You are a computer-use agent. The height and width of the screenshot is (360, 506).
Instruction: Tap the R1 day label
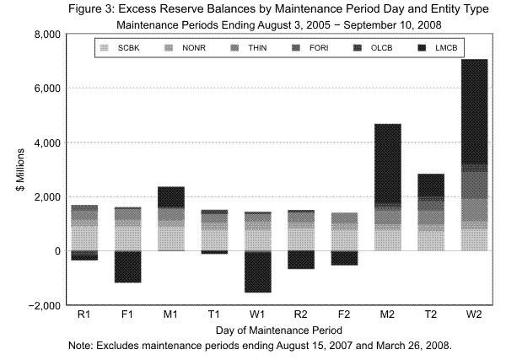pyautogui.click(x=84, y=315)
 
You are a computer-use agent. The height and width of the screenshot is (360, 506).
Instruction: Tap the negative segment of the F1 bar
pyautogui.click(x=128, y=267)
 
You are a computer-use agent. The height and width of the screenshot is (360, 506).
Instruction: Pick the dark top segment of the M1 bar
pyautogui.click(x=172, y=196)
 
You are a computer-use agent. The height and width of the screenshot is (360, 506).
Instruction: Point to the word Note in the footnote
pyautogui.click(x=83, y=346)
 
